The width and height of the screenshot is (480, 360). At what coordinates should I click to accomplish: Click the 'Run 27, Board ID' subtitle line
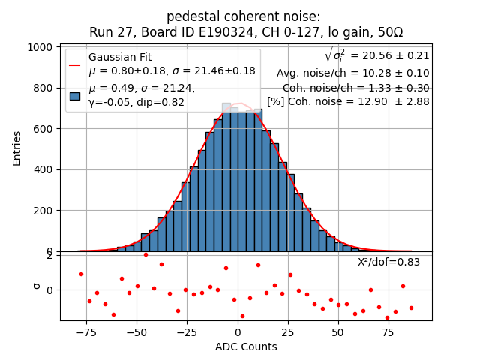pyautogui.click(x=245, y=32)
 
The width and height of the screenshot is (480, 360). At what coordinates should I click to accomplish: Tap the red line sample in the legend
pyautogui.click(x=75, y=64)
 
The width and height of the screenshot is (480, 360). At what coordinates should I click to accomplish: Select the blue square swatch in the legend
pyautogui.click(x=75, y=95)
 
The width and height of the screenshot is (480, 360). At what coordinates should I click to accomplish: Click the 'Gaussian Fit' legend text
pyautogui.click(x=120, y=57)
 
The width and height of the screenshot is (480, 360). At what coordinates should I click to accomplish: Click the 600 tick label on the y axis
pyautogui.click(x=43, y=129)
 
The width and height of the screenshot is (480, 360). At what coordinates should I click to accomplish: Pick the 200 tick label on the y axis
pyautogui.click(x=43, y=211)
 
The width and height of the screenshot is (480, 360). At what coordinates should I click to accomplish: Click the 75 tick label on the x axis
pyautogui.click(x=388, y=330)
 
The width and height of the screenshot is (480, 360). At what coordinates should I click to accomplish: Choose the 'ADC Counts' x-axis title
pyautogui.click(x=246, y=346)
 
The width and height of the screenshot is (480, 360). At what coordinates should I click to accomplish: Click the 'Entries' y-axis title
pyautogui.click(x=17, y=148)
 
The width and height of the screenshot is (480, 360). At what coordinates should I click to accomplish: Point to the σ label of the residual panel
pyautogui.click(x=36, y=286)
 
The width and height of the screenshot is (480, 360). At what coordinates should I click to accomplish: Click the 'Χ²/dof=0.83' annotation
pyautogui.click(x=388, y=262)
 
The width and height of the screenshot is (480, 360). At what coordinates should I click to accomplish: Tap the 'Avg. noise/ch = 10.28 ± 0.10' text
pyautogui.click(x=352, y=73)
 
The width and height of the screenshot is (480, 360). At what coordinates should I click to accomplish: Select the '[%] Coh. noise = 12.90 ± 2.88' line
pyautogui.click(x=348, y=101)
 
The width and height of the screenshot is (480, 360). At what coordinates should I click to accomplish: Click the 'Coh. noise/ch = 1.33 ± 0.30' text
pyautogui.click(x=355, y=87)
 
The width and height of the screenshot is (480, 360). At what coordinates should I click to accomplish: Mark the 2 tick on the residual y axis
pyautogui.click(x=49, y=255)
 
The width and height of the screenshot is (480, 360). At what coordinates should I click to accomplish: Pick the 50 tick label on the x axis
pyautogui.click(x=337, y=330)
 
